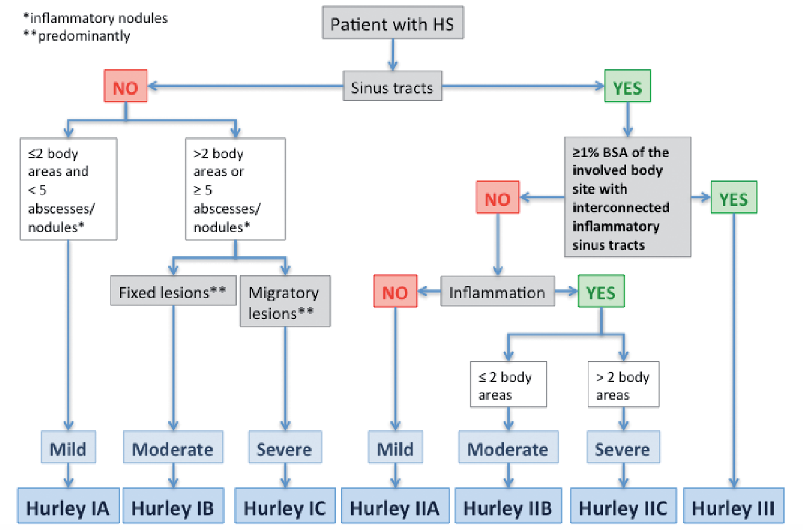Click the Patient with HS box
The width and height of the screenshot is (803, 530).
(x=393, y=22)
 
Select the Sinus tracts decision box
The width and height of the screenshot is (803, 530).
(x=392, y=86)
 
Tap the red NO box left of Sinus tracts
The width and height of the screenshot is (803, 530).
(x=126, y=86)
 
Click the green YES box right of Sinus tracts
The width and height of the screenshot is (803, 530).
(x=628, y=86)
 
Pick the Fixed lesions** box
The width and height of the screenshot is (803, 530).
(x=173, y=290)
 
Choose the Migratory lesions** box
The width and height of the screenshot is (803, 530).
(x=286, y=301)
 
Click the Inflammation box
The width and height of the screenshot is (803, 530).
(x=498, y=291)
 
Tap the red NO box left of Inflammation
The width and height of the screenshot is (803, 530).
(x=395, y=291)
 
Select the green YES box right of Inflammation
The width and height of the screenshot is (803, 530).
(x=601, y=291)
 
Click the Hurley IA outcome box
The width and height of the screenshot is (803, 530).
(x=68, y=506)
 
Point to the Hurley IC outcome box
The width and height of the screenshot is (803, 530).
(x=285, y=506)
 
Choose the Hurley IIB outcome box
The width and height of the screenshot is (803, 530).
(x=508, y=506)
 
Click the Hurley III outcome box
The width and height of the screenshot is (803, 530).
(x=733, y=506)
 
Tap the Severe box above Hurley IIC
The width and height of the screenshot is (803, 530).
(x=623, y=447)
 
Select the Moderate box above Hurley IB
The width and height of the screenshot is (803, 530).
(x=173, y=447)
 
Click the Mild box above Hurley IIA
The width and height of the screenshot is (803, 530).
(x=395, y=447)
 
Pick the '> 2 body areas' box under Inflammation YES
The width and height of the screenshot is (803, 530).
(x=624, y=384)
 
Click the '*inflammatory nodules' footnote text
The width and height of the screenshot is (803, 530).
(x=95, y=18)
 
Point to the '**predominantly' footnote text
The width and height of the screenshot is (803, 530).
(x=77, y=36)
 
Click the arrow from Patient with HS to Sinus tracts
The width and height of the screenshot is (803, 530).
(x=393, y=55)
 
